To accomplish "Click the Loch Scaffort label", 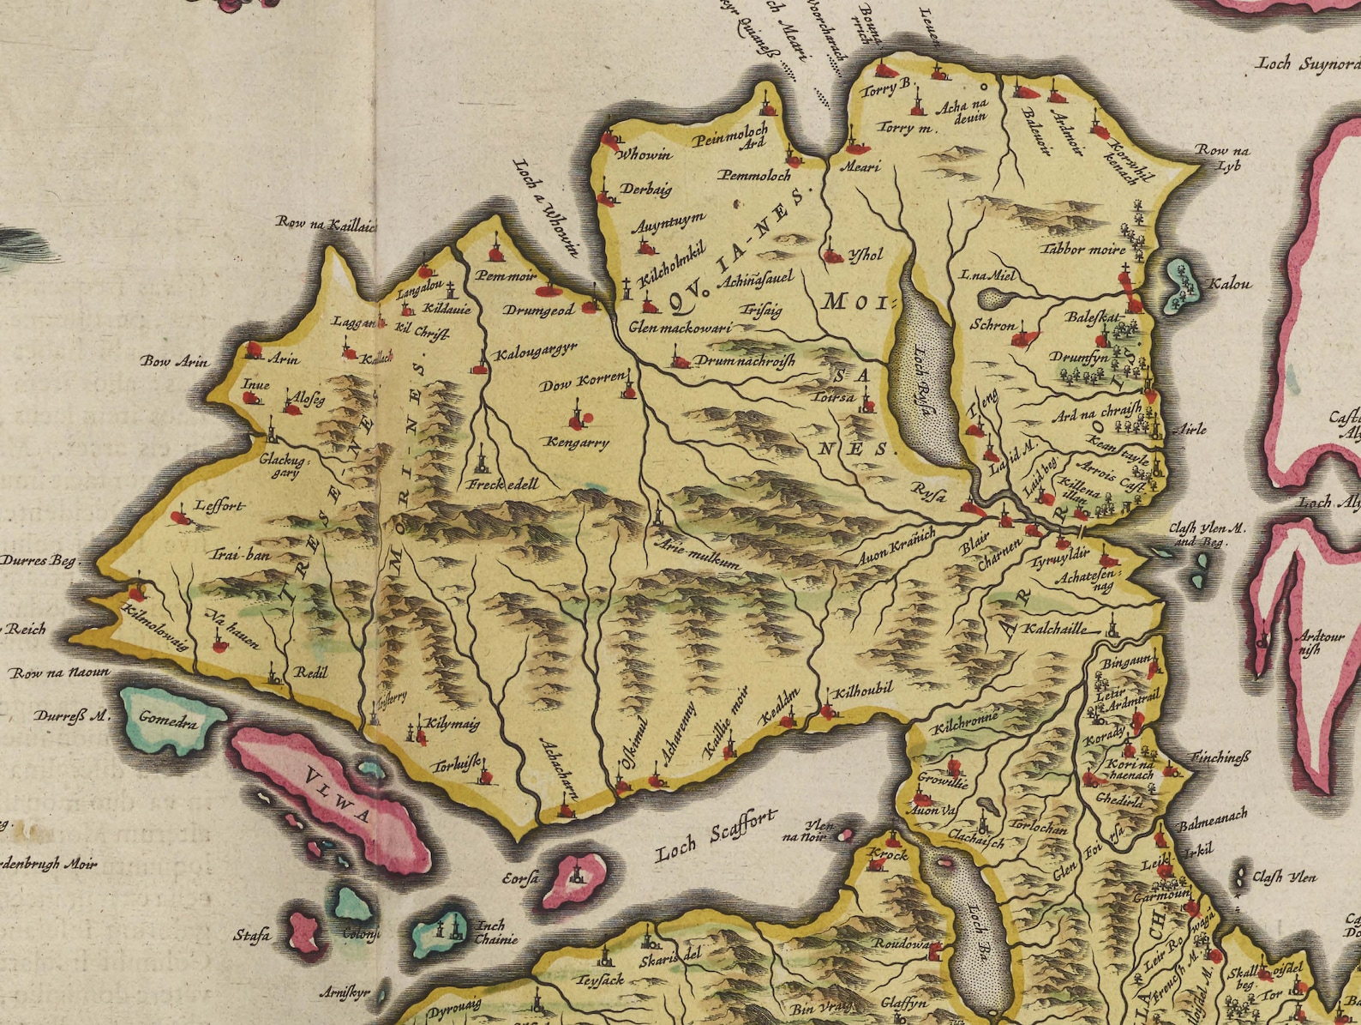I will point(716,836).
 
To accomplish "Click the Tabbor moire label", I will point(1082,249).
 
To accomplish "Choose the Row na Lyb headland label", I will point(1223,157).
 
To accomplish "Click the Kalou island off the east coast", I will point(1184,283).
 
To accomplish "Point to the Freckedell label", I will point(503,485).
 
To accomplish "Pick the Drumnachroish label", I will point(745,361).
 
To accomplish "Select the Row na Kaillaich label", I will point(326,223).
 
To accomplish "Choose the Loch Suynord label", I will point(1307,63).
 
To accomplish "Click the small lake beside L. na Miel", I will point(995,299).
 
